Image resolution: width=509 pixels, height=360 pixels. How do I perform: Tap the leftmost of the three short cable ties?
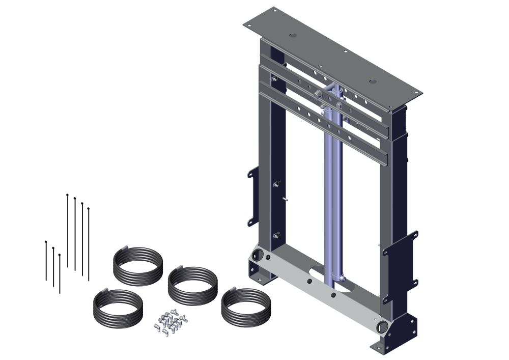pyautogui.click(x=46, y=260)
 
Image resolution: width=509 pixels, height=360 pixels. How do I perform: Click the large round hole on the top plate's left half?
pyautogui.click(x=293, y=35)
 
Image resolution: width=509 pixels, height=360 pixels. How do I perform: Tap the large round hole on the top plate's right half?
pyautogui.click(x=373, y=81)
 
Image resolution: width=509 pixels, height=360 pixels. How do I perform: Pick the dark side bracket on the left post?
pyautogui.click(x=253, y=197)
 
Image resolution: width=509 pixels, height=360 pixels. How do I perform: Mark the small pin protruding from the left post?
pyautogui.click(x=286, y=199)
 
